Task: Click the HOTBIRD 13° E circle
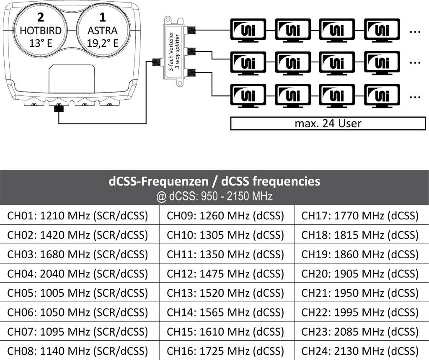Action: pyautogui.click(x=40, y=30)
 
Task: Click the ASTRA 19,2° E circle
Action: pyautogui.click(x=103, y=30)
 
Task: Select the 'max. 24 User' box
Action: pyautogui.click(x=328, y=123)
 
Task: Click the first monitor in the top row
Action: pyautogui.click(x=248, y=30)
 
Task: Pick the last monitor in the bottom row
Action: pyautogui.click(x=382, y=96)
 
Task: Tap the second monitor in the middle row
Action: pyautogui.click(x=292, y=63)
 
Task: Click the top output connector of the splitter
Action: pyautogui.click(x=191, y=30)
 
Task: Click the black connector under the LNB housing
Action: pyautogui.click(x=59, y=108)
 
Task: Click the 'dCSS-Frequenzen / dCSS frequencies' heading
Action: pyautogui.click(x=214, y=181)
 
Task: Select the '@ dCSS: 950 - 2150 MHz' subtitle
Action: pyautogui.click(x=214, y=196)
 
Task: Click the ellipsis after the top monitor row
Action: pyautogui.click(x=415, y=32)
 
